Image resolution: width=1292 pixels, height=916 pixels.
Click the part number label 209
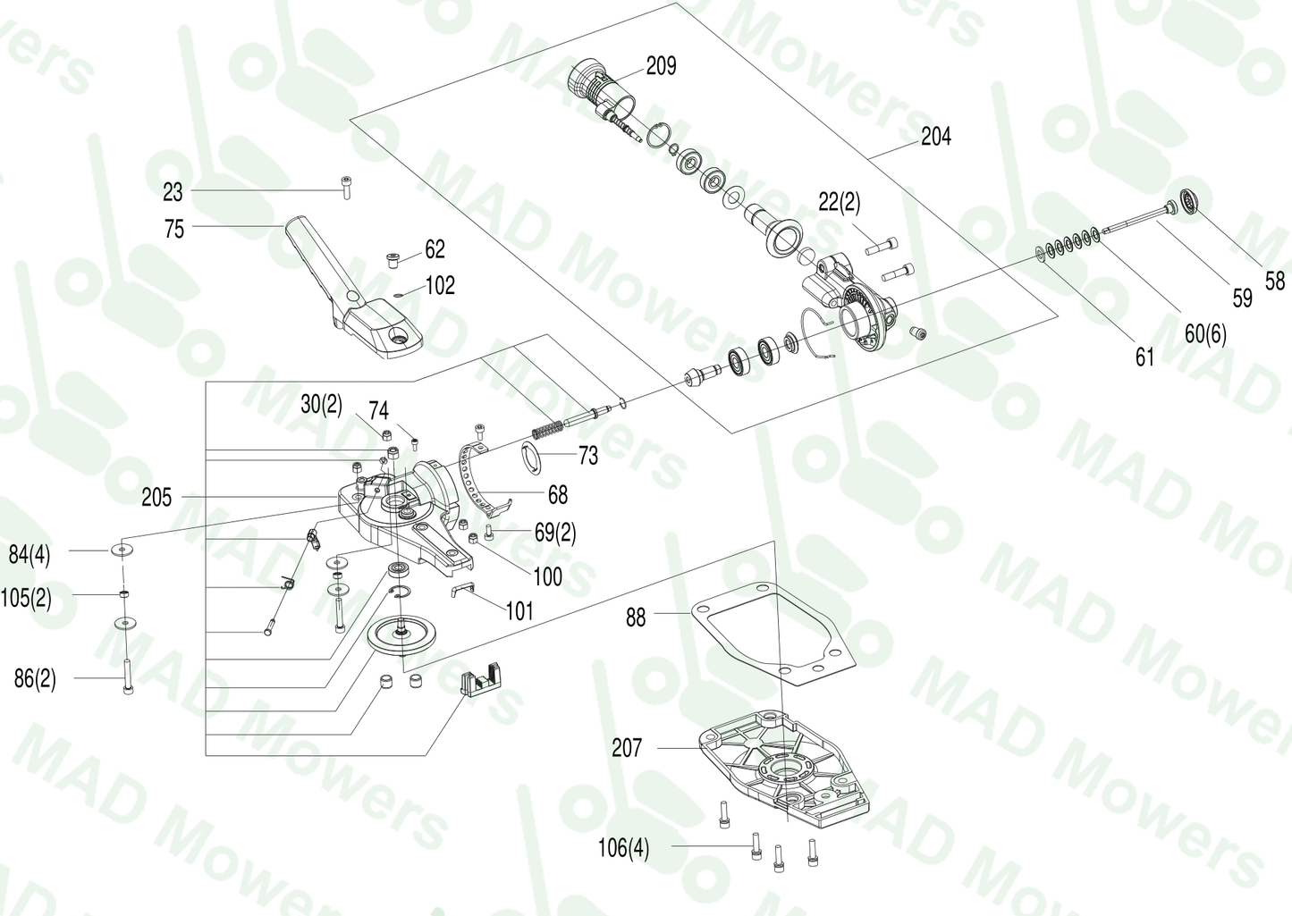pyautogui.click(x=661, y=66)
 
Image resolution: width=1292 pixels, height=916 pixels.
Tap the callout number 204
pyautogui.click(x=936, y=137)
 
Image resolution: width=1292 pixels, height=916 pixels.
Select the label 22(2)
pyautogui.click(x=839, y=203)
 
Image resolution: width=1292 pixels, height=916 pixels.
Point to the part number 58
pyautogui.click(x=1274, y=281)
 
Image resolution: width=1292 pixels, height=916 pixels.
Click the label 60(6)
pyautogui.click(x=1205, y=334)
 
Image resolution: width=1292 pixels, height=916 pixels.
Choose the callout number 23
pyautogui.click(x=173, y=192)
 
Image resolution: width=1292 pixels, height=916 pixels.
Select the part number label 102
pyautogui.click(x=440, y=286)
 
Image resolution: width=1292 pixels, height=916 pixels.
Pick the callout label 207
pyautogui.click(x=627, y=747)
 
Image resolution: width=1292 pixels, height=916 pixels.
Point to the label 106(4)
pyautogui.click(x=623, y=847)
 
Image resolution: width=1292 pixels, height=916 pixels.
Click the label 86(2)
pyautogui.click(x=35, y=678)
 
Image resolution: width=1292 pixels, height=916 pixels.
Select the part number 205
pyautogui.click(x=156, y=497)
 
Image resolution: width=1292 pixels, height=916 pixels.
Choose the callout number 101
pyautogui.click(x=519, y=611)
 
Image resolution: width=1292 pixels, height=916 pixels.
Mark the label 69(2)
pyautogui.click(x=555, y=534)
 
